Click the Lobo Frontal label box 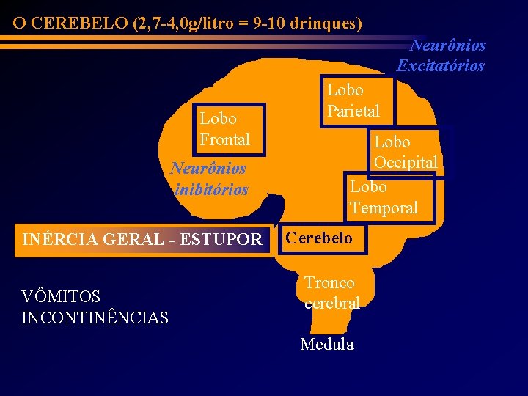point(224,129)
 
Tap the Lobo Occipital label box point(406,152)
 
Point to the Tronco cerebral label point(331,293)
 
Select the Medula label point(327,344)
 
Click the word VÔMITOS point(61,297)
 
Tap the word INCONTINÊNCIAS point(95,318)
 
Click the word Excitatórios point(441,65)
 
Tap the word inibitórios point(212,190)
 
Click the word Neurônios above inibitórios point(208,168)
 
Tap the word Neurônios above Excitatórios point(448,45)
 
